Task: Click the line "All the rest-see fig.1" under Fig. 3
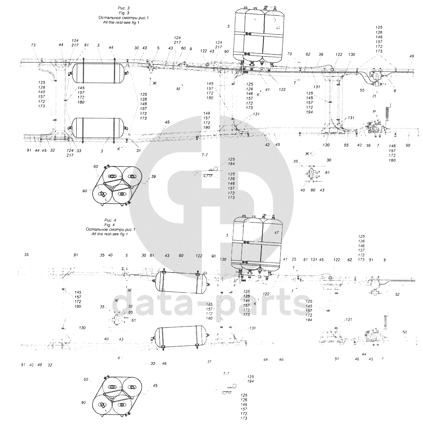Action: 121,22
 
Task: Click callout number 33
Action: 79,151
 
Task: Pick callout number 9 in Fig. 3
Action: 191,48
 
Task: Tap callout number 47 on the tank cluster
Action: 276,232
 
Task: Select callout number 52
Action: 397,294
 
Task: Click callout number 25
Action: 294,260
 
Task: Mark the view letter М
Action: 178,89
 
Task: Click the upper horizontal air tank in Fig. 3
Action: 98,74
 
